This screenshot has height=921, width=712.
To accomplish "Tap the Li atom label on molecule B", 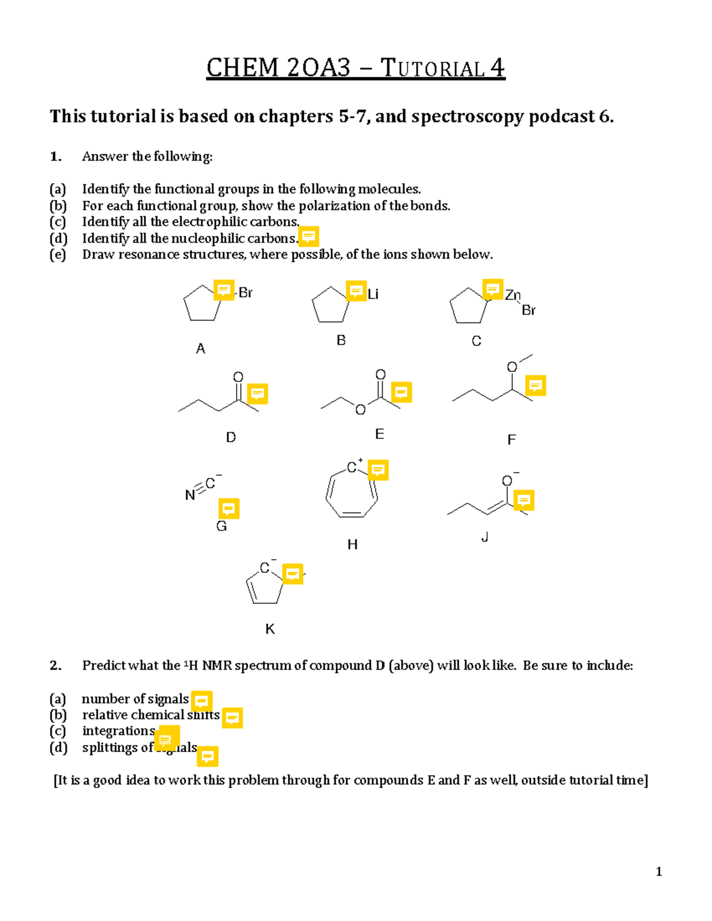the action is click(x=373, y=294).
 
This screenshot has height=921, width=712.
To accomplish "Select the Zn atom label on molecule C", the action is click(x=513, y=295).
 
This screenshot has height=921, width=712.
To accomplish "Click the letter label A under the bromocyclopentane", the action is click(x=201, y=349).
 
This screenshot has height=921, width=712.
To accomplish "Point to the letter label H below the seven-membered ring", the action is click(x=352, y=544).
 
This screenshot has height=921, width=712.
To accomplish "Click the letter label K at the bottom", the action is click(x=270, y=629).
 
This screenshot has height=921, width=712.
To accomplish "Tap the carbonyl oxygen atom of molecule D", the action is click(x=238, y=377).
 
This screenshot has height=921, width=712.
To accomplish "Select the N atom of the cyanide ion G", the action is click(x=190, y=495).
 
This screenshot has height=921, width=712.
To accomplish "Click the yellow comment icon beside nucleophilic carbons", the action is click(x=309, y=237).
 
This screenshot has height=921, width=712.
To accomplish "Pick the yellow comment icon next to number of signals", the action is click(x=202, y=701).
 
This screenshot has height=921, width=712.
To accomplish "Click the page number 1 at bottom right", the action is click(x=659, y=871).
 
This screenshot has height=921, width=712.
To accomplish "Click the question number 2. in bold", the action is click(x=56, y=665).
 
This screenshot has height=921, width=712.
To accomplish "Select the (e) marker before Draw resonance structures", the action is click(x=58, y=255).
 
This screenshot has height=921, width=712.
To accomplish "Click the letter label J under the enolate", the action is click(x=485, y=537).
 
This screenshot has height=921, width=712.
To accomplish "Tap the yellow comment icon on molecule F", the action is click(x=535, y=385).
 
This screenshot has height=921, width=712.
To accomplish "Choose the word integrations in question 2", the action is click(x=119, y=731).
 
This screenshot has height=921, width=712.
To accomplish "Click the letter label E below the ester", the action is click(x=380, y=434).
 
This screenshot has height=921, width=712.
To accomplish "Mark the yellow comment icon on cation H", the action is click(x=378, y=470).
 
